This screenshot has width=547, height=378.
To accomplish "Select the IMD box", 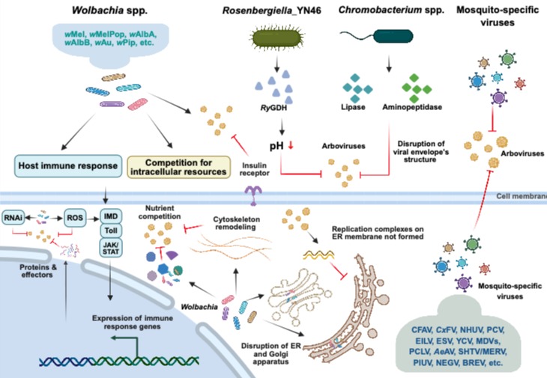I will click(111, 216).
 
